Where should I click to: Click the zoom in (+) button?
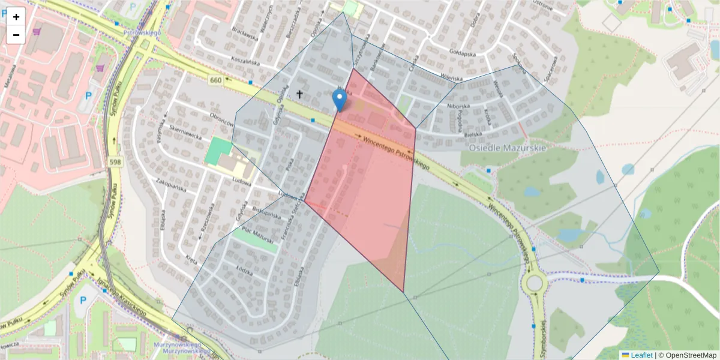pyautogui.click(x=16, y=17)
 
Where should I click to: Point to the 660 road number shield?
pyautogui.click(x=216, y=80)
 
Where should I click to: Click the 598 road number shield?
pyautogui.click(x=116, y=161)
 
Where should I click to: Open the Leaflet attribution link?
pyautogui.click(x=641, y=355)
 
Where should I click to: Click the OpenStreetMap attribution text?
pyautogui.click(x=690, y=355)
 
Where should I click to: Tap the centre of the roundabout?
pyautogui.click(x=533, y=282)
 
